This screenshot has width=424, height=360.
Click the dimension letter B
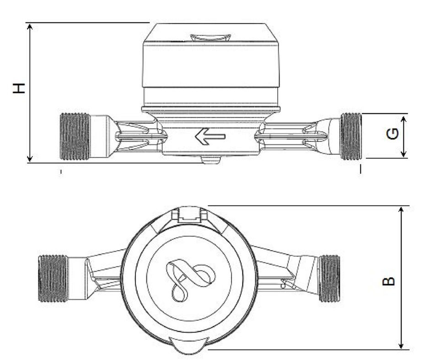pos(388,280)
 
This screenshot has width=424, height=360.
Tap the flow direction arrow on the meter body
pos(210,136)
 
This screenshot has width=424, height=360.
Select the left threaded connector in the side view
pos(75,136)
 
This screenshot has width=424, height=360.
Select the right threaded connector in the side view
pos(351,136)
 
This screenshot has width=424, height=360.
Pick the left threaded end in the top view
pos(53,278)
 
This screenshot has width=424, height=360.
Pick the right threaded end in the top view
pos(329,278)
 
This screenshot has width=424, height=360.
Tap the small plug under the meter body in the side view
pos(210,160)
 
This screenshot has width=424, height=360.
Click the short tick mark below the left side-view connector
pos(60,172)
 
